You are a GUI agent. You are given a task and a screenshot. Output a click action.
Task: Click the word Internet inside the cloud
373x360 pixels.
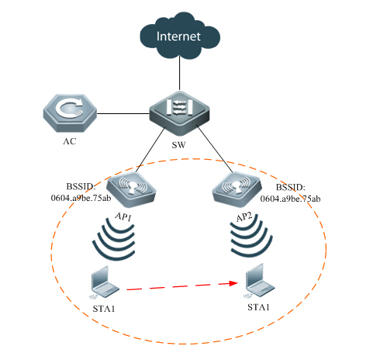(178, 36)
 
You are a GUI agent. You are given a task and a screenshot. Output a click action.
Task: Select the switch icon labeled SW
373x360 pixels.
(179, 113)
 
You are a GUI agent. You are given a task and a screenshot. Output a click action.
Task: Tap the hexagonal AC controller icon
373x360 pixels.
(70, 113)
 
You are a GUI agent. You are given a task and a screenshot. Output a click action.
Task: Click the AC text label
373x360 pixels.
(70, 141)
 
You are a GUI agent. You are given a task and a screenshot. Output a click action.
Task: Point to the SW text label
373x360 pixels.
(179, 145)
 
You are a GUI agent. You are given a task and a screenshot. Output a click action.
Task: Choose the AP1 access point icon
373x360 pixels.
(131, 190)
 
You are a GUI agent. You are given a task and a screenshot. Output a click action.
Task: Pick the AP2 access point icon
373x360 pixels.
(237, 190)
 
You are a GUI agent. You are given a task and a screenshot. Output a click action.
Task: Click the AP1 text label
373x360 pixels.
(123, 216)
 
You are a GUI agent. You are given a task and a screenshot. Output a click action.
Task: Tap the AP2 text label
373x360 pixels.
(244, 216)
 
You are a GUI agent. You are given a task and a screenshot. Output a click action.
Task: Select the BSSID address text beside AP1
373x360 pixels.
(81, 192)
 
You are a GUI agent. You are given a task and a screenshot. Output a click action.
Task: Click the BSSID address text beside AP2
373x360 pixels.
(291, 193)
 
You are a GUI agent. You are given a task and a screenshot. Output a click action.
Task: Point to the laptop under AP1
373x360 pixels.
(105, 282)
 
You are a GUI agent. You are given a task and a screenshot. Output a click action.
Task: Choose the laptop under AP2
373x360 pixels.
(260, 281)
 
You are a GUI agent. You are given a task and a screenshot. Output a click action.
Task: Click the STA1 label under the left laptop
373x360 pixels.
(104, 309)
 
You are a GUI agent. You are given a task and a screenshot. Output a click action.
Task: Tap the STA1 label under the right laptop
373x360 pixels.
(258, 307)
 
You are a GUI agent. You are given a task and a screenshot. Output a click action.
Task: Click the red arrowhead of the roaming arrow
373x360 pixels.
(233, 283)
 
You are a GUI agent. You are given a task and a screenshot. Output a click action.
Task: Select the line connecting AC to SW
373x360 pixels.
(123, 113)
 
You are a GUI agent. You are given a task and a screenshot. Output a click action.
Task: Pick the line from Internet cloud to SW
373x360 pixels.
(179, 73)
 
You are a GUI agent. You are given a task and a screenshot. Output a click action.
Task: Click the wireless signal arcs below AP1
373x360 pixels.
(114, 239)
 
